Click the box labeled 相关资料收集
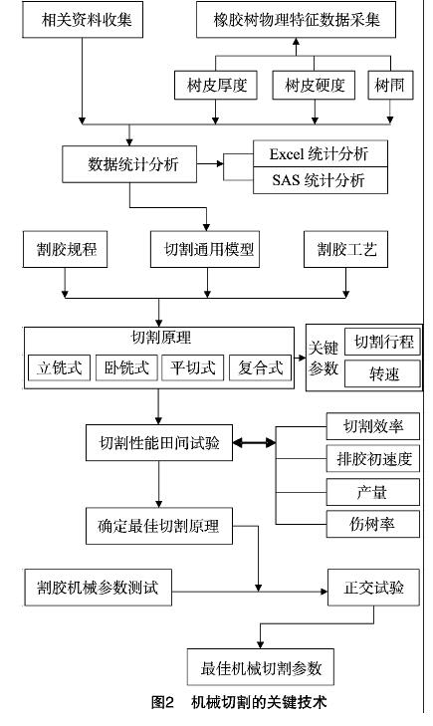(x=83, y=20)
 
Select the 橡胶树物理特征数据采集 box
(x=296, y=20)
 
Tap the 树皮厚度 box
(x=216, y=86)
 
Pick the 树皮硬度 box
(x=314, y=86)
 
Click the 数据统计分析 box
(x=129, y=164)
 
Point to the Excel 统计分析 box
(x=321, y=153)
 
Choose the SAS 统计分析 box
(x=321, y=180)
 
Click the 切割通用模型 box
(x=205, y=250)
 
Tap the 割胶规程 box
(x=66, y=250)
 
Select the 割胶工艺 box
(x=346, y=250)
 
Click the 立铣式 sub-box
(x=59, y=368)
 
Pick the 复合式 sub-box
(x=261, y=368)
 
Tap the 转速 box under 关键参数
(x=383, y=373)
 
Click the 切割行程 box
(x=383, y=342)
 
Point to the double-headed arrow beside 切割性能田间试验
(x=254, y=443)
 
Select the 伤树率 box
(x=373, y=524)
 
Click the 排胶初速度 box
(x=373, y=459)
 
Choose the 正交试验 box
(x=374, y=588)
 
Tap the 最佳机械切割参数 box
(x=261, y=667)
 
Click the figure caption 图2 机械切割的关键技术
(x=239, y=702)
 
